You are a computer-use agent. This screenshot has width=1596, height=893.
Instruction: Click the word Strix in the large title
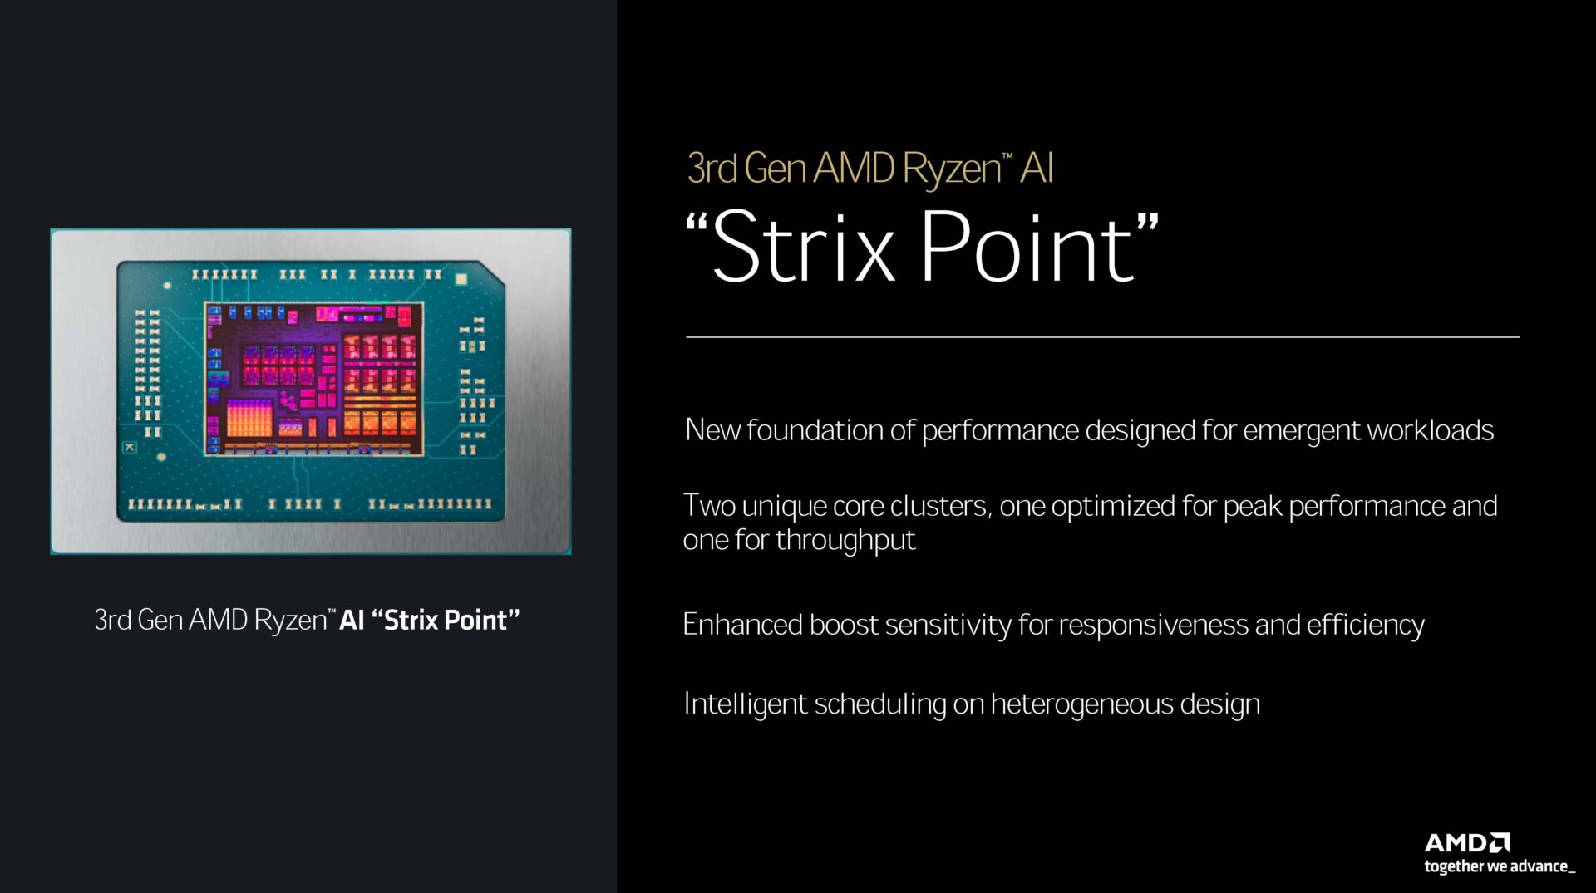tap(803, 248)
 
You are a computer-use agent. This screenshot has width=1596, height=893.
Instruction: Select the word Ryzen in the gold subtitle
tap(952, 169)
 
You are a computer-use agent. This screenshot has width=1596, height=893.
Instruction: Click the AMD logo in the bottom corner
tap(1466, 843)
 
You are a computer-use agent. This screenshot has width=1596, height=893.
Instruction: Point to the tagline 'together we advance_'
tap(1499, 866)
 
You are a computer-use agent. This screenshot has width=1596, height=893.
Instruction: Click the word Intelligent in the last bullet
tap(745, 704)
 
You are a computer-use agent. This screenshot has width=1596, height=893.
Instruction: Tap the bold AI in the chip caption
tap(352, 621)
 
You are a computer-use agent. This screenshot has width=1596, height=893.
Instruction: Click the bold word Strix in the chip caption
tap(410, 621)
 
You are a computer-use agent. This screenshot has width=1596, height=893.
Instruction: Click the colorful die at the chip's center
tap(314, 379)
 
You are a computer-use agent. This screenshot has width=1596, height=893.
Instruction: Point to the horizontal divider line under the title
tap(1102, 337)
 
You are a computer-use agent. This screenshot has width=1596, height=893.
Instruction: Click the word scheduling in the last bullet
tap(880, 704)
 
